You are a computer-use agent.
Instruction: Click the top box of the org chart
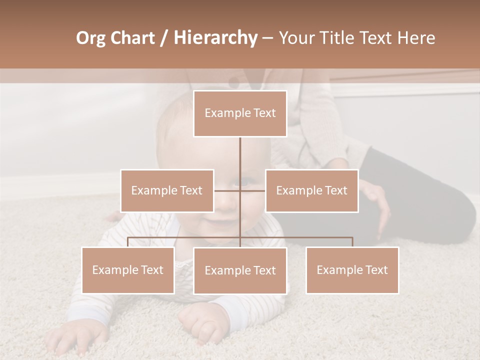pos(240,113)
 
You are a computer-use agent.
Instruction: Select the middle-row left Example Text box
pos(167,190)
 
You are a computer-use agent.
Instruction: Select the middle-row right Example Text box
pos(311,190)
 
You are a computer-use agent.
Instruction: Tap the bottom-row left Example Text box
pos(128,270)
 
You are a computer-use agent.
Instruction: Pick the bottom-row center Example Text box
pos(240,270)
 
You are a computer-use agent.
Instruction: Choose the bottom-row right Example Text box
pos(352,270)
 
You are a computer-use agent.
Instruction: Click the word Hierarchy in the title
pos(215,38)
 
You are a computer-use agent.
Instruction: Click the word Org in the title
pos(91,38)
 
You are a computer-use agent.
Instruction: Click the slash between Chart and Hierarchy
pos(164,38)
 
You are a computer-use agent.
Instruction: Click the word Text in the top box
pos(263,113)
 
